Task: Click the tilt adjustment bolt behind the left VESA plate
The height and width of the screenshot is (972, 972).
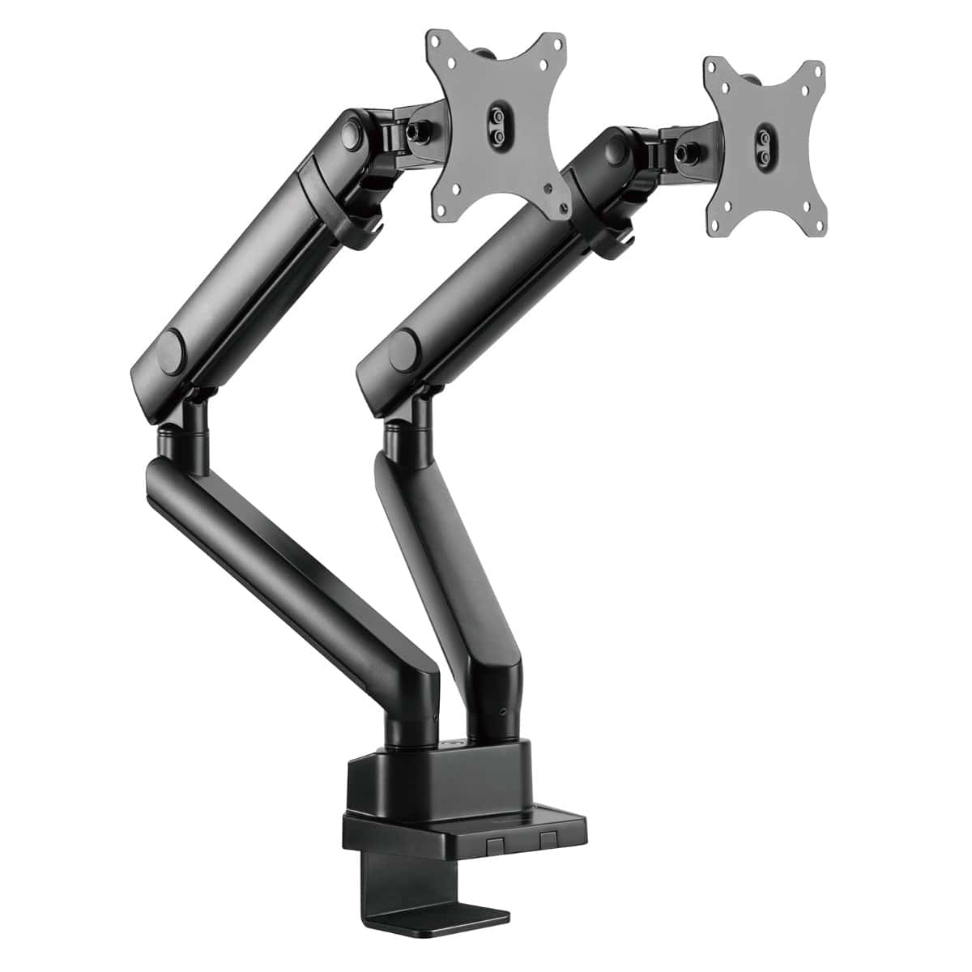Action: coord(420,130)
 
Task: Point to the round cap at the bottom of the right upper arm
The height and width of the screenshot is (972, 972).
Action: coord(400,349)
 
